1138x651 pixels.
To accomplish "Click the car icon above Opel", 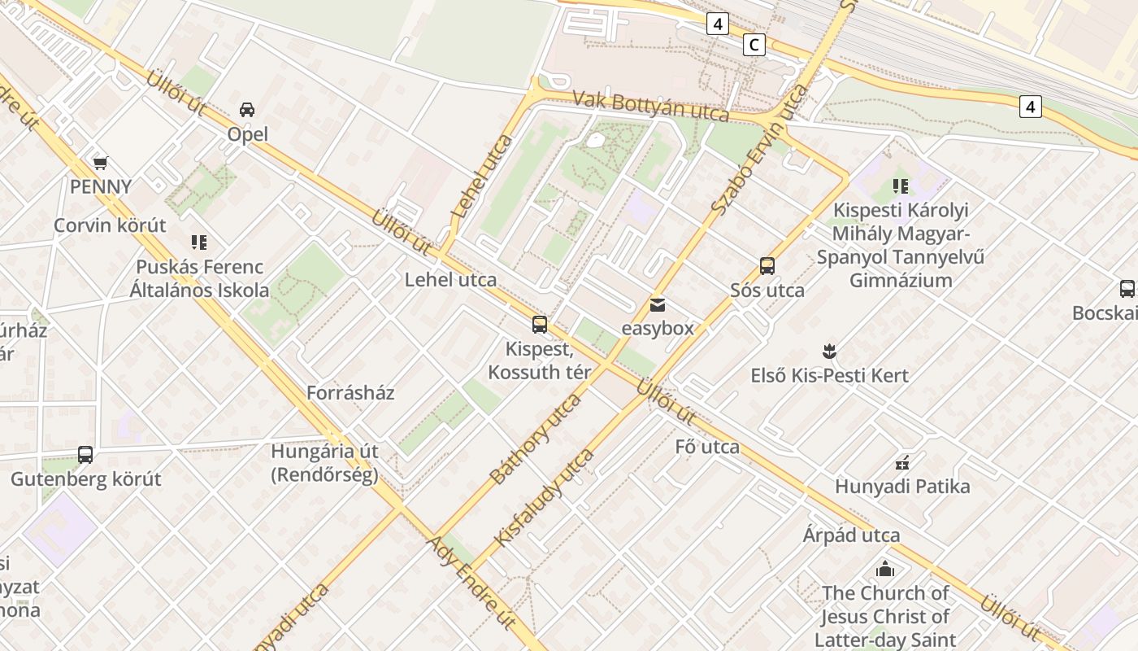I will click(247, 109).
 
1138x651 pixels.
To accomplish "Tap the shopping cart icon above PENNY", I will click(100, 163).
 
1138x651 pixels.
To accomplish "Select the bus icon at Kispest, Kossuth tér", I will click(539, 325).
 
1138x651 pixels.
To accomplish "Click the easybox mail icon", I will click(658, 305).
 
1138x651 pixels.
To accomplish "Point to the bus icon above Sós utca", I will click(767, 265).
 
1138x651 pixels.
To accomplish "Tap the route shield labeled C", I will click(754, 45).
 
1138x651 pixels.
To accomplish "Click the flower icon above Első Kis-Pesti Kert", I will click(828, 352).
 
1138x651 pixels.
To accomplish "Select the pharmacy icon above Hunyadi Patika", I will click(901, 464).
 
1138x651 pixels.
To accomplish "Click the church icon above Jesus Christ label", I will click(885, 569).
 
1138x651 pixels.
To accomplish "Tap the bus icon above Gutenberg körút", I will click(85, 455).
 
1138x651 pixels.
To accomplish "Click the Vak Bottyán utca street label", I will click(651, 107).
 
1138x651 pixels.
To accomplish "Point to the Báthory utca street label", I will click(536, 439).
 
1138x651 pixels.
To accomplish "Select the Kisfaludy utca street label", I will click(545, 496).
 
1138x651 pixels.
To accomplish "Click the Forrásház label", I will click(350, 393).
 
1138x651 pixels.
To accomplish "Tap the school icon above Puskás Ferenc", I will click(199, 242).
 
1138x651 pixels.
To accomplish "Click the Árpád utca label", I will click(851, 535).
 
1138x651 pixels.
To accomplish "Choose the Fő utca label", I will click(707, 447).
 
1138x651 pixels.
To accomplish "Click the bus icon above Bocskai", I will click(1127, 288).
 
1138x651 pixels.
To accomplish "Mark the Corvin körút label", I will click(110, 225).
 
